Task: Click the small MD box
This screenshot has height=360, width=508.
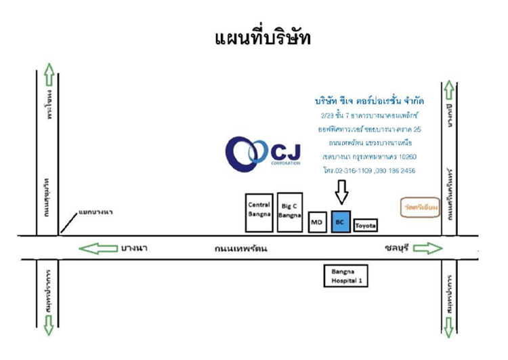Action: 316,222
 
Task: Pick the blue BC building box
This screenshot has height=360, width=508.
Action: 341,222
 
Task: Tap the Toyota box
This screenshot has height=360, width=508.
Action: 366,224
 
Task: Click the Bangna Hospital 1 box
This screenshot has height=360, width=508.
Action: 347,275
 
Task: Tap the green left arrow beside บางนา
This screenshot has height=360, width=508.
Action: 97,247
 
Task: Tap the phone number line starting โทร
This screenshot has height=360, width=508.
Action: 370,170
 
